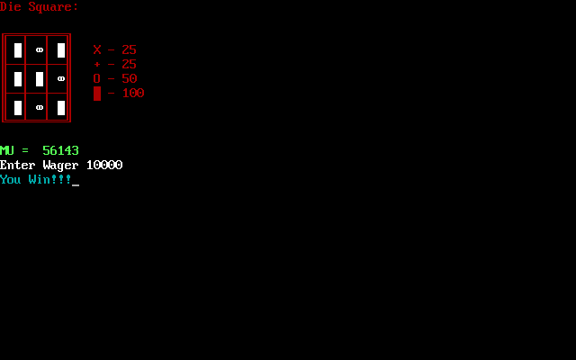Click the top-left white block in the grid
pos(18,50)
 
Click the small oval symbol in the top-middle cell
pos(40,50)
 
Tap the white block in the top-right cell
pos(61,50)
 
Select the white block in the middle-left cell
pos(18,79)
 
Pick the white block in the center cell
pos(40,79)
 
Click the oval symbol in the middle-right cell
pos(61,79)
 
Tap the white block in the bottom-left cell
pos(18,108)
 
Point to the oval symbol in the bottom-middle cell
pos(40,108)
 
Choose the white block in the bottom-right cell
pos(61,108)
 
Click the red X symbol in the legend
pos(97,50)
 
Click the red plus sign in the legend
pos(97,65)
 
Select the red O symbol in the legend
pos(97,79)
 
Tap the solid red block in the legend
pos(97,94)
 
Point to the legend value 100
pos(133,94)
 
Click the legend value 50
pos(130,79)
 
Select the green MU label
pos(7,151)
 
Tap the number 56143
pos(61,151)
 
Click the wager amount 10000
pos(104,166)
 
